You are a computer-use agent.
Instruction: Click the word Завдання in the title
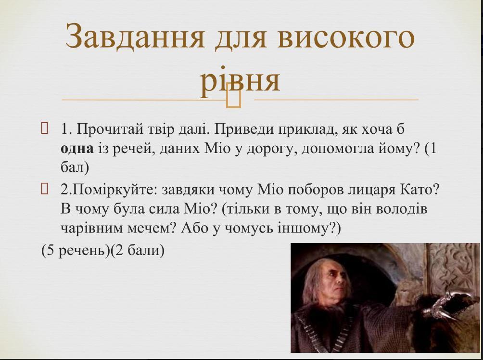tap(135, 37)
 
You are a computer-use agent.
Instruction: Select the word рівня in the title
tap(240, 81)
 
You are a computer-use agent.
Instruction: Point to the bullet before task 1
tap(44, 128)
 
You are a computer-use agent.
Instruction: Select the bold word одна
tap(77, 149)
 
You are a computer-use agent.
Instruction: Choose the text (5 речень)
tap(76, 251)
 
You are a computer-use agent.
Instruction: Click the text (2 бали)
tap(138, 251)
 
